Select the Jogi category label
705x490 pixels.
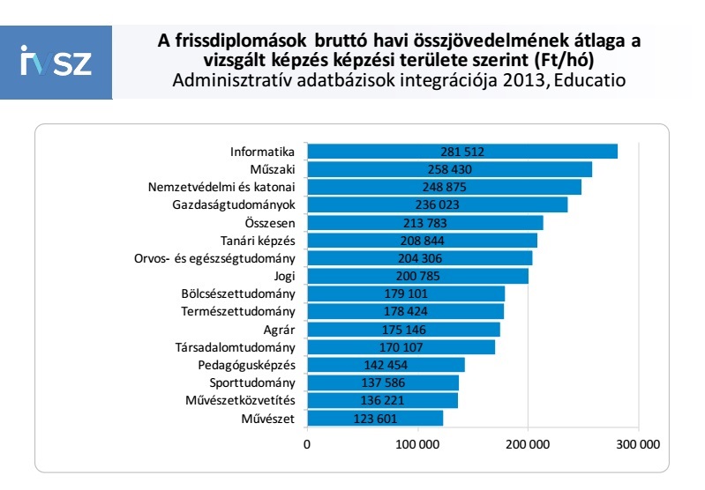pyautogui.click(x=282, y=276)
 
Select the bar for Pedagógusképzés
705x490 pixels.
pyautogui.click(x=441, y=365)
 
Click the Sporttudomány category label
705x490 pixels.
pyautogui.click(x=252, y=382)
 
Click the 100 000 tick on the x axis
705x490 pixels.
pyautogui.click(x=417, y=445)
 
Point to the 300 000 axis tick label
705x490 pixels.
pyautogui.click(x=639, y=445)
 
